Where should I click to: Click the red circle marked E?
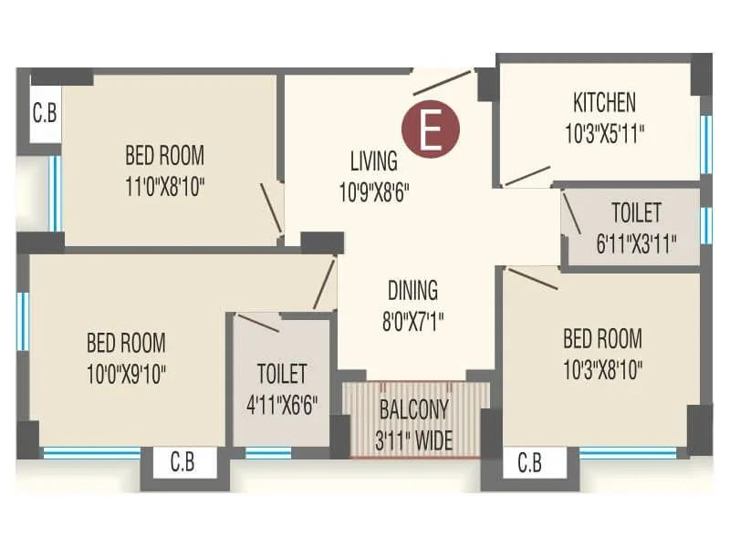tap(432, 129)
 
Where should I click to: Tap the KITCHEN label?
tap(604, 101)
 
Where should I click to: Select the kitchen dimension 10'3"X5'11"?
tap(604, 133)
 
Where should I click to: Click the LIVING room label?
tap(373, 161)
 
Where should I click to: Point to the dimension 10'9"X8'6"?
tap(373, 192)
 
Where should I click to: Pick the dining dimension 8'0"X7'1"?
tap(412, 321)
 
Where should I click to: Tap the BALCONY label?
tap(415, 409)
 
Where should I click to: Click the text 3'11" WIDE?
tap(415, 441)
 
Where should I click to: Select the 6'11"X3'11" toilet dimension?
tap(635, 243)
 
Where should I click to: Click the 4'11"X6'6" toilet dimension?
tap(281, 404)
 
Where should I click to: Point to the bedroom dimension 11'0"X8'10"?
tap(164, 187)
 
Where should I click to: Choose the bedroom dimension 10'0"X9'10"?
tap(126, 374)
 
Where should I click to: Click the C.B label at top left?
tap(45, 114)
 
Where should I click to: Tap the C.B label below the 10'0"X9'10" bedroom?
tap(182, 463)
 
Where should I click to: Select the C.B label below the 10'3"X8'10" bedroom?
tap(529, 463)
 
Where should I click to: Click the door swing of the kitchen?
tap(527, 176)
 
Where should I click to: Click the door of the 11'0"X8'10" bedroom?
tap(271, 208)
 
